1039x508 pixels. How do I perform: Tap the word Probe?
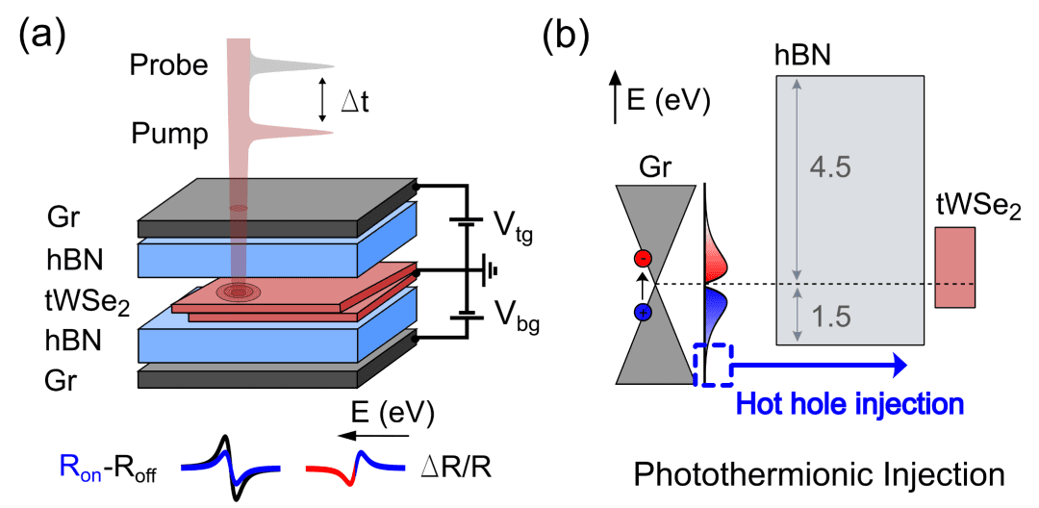coord(168,66)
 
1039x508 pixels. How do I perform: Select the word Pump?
coord(169,134)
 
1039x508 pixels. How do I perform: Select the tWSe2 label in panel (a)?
coord(88,298)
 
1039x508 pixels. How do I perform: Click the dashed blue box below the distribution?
coord(713,365)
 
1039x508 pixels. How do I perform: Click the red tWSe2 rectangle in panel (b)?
coord(954,267)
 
